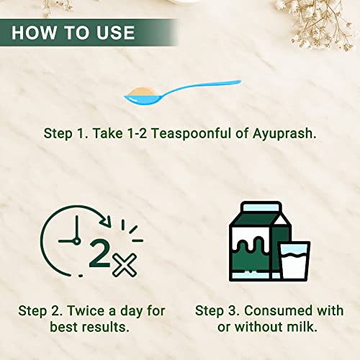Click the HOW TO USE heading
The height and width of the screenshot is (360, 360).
73,32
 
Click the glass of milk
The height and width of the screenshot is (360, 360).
294,261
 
